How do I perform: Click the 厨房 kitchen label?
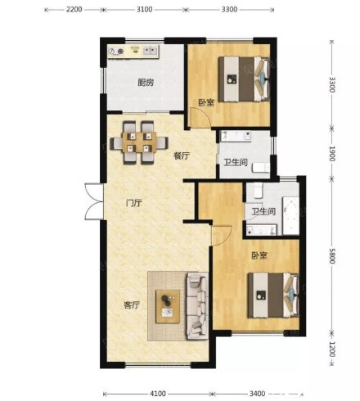(146, 83)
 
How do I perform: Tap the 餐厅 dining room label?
(182, 156)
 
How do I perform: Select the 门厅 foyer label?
(134, 203)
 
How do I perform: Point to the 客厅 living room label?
(132, 304)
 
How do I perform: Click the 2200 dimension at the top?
(74, 10)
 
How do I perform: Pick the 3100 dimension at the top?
(145, 10)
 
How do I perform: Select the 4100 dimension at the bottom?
(158, 394)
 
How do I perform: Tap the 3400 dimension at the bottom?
(257, 394)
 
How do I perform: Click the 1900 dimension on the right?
(332, 154)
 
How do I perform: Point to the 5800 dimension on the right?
(332, 256)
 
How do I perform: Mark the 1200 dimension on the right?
(332, 349)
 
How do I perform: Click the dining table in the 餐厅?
(139, 142)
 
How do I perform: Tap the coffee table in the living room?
(168, 307)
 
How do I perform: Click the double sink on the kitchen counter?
(151, 51)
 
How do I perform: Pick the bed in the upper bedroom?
(244, 79)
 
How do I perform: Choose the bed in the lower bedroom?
(273, 295)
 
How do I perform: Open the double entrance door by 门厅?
(94, 201)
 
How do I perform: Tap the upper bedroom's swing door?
(200, 118)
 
